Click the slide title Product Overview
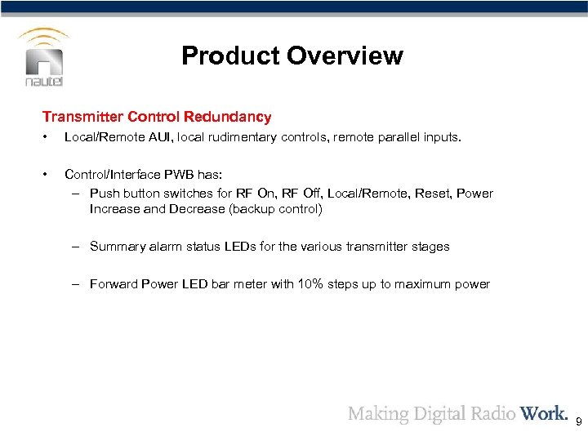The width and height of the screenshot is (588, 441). [292, 56]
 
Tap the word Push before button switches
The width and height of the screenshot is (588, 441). [105, 194]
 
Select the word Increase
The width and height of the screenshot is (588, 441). [115, 209]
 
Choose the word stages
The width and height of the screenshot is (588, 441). [430, 246]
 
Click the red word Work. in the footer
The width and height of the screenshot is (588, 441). [543, 413]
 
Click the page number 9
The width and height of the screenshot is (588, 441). [578, 422]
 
